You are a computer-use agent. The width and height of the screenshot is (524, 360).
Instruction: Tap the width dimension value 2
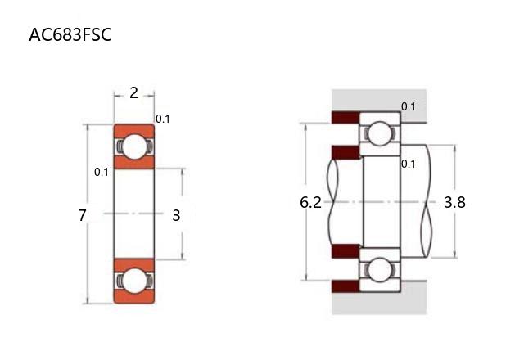(x=133, y=93)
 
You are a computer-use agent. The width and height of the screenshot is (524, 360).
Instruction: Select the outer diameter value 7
(x=82, y=216)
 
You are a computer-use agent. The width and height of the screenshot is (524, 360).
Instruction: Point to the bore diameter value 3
(x=176, y=216)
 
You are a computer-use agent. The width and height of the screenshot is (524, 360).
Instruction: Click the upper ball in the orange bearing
(x=133, y=146)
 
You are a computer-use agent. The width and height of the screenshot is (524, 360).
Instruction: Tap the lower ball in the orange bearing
(x=133, y=281)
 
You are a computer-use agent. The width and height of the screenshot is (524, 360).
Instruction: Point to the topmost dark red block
(x=345, y=117)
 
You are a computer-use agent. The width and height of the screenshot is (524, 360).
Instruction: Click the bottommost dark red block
(x=345, y=286)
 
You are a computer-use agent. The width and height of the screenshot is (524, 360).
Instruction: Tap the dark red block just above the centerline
(x=345, y=152)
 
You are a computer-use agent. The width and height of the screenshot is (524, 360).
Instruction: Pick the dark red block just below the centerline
(x=345, y=250)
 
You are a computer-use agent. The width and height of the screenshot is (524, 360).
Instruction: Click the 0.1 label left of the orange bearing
(x=102, y=173)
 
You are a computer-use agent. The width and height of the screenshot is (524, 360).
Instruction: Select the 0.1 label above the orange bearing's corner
(x=163, y=119)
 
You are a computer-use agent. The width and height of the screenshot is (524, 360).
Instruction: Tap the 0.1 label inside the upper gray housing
(x=409, y=106)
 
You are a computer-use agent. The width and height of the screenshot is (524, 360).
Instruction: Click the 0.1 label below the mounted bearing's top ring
(x=409, y=164)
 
